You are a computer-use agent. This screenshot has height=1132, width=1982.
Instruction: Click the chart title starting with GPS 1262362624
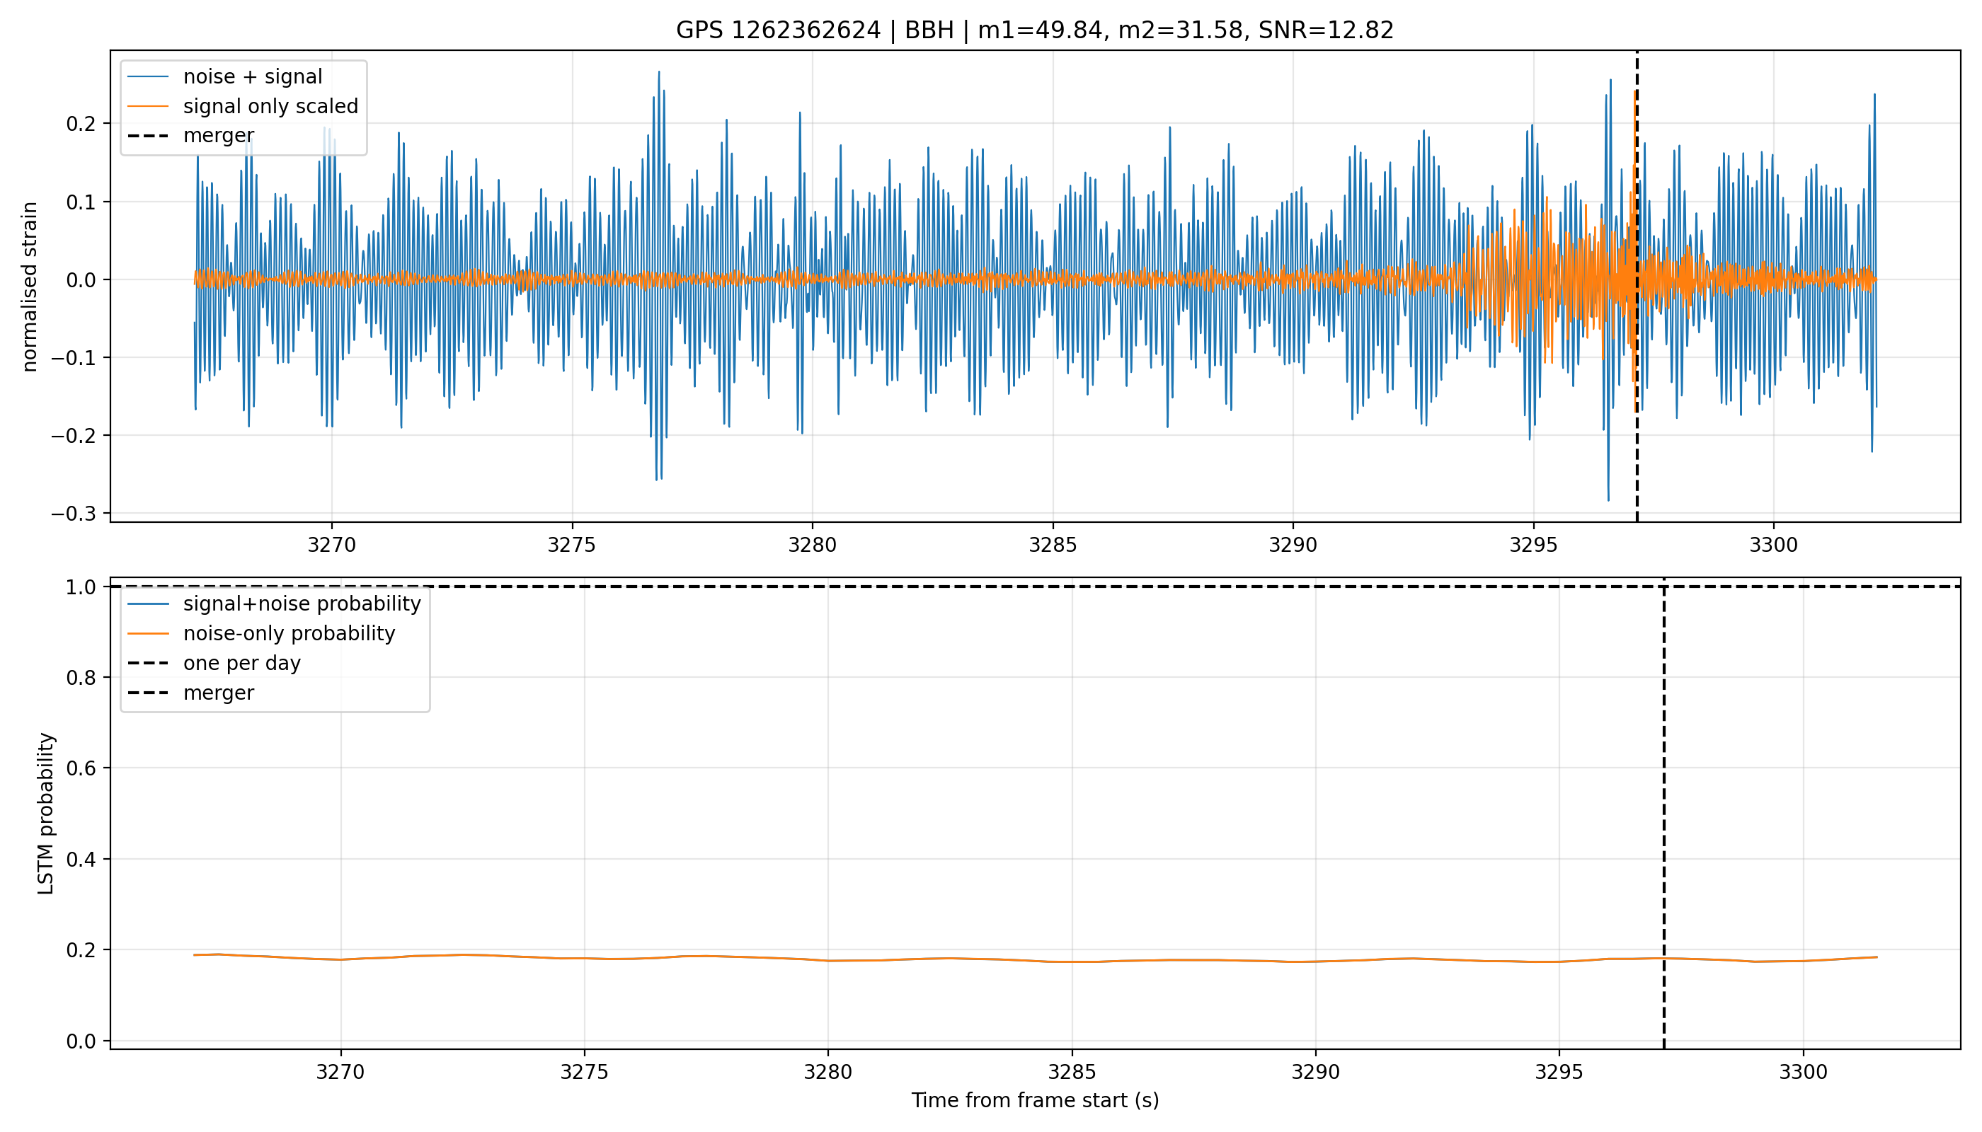click(1035, 30)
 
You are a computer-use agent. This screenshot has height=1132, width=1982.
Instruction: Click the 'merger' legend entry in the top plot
click(191, 136)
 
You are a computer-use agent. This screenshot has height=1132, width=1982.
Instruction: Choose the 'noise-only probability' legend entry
click(261, 634)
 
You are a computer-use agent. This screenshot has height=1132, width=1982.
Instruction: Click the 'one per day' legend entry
click(214, 663)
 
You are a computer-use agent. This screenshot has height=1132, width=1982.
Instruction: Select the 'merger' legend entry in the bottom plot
click(191, 693)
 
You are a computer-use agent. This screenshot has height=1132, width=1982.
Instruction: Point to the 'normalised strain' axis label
click(30, 287)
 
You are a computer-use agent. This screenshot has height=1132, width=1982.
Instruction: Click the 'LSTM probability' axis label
click(46, 813)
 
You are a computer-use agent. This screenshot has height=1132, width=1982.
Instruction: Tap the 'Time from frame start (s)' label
click(1036, 1100)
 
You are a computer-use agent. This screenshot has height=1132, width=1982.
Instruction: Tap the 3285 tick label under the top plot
click(1053, 545)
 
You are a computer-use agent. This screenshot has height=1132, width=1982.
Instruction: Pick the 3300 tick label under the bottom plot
click(1803, 1072)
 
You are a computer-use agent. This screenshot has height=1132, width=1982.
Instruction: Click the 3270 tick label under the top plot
click(331, 545)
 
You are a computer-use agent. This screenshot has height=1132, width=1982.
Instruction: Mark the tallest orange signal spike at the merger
click(1635, 92)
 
